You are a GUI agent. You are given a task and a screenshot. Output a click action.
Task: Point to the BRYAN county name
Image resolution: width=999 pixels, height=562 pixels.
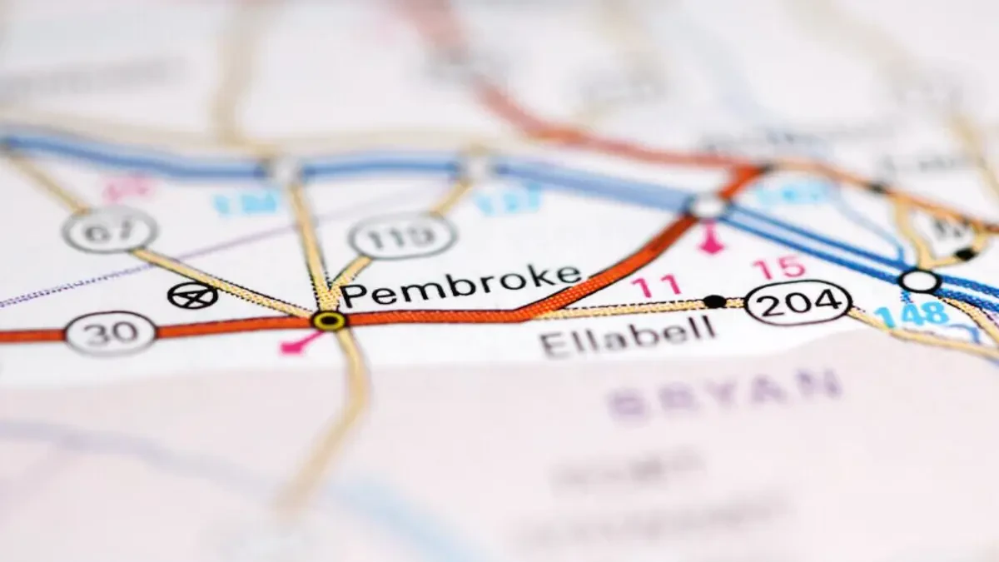723,392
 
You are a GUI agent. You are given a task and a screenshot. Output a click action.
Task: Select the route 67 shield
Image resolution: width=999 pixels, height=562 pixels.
110,231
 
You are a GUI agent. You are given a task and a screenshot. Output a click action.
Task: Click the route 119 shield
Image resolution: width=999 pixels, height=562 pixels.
402,236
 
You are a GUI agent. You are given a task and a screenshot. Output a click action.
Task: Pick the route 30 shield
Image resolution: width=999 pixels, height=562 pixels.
110,333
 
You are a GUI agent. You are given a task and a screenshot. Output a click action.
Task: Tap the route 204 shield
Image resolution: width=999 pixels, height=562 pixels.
798,302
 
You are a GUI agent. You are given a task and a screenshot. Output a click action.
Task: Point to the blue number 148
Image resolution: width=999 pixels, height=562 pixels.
912,315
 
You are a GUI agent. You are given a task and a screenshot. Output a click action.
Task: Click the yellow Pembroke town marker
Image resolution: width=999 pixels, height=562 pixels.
330,320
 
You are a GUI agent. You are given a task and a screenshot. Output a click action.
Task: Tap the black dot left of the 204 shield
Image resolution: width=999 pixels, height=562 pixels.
713,301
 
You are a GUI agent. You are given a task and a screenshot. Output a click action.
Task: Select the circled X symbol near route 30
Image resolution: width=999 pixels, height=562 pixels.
192,295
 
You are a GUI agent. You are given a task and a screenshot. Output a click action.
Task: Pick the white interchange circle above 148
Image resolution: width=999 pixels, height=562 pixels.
919,281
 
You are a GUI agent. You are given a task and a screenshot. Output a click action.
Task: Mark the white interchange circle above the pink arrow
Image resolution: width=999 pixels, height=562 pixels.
708,205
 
